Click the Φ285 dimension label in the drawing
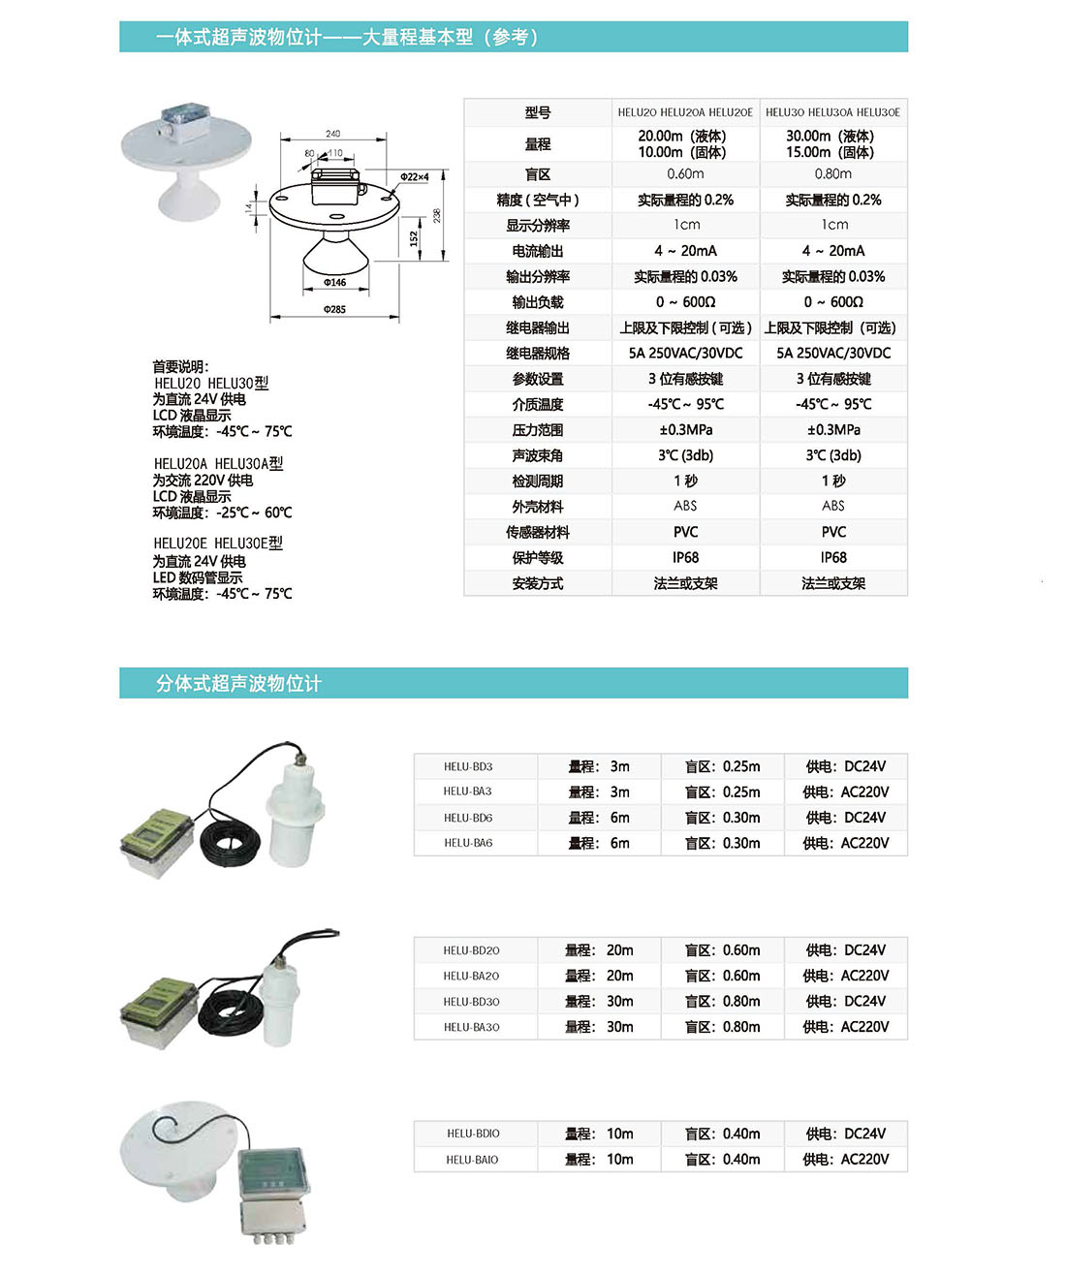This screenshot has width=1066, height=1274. (x=334, y=309)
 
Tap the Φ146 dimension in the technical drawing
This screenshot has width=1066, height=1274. (x=334, y=283)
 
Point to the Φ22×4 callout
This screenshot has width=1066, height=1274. (x=414, y=176)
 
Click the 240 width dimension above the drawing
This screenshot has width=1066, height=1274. (x=332, y=134)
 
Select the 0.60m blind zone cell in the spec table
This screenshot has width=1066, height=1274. (x=685, y=174)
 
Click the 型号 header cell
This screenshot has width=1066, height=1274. (x=538, y=112)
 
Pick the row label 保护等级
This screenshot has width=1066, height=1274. (x=538, y=558)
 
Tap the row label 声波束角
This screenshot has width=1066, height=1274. (x=538, y=455)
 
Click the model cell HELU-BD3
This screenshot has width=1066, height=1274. (x=468, y=766)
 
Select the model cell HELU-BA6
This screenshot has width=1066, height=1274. (x=468, y=843)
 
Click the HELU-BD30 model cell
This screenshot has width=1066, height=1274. (x=471, y=1002)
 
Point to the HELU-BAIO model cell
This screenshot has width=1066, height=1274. (x=472, y=1160)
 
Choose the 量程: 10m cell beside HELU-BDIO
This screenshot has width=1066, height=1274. (x=599, y=1134)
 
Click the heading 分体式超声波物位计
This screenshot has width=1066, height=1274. (x=238, y=684)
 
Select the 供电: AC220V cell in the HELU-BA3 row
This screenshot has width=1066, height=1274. (x=845, y=792)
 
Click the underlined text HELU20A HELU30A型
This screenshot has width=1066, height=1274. (x=218, y=464)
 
